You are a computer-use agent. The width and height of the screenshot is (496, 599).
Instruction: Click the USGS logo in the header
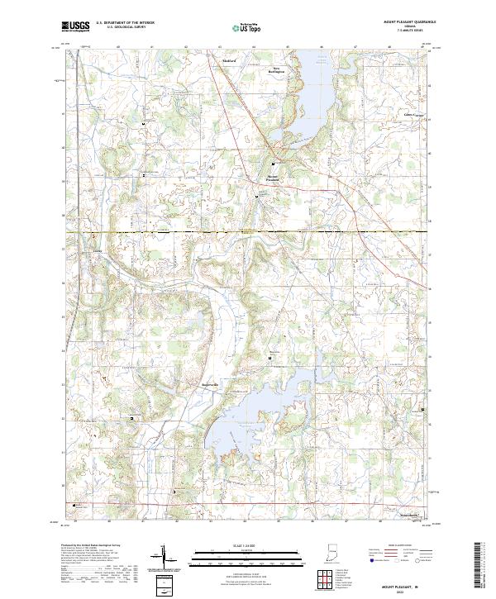coord(76,26)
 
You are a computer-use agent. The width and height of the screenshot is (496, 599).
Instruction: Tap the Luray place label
coord(98,247)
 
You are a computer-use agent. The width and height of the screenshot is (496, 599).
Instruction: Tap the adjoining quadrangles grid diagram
coord(328,578)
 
